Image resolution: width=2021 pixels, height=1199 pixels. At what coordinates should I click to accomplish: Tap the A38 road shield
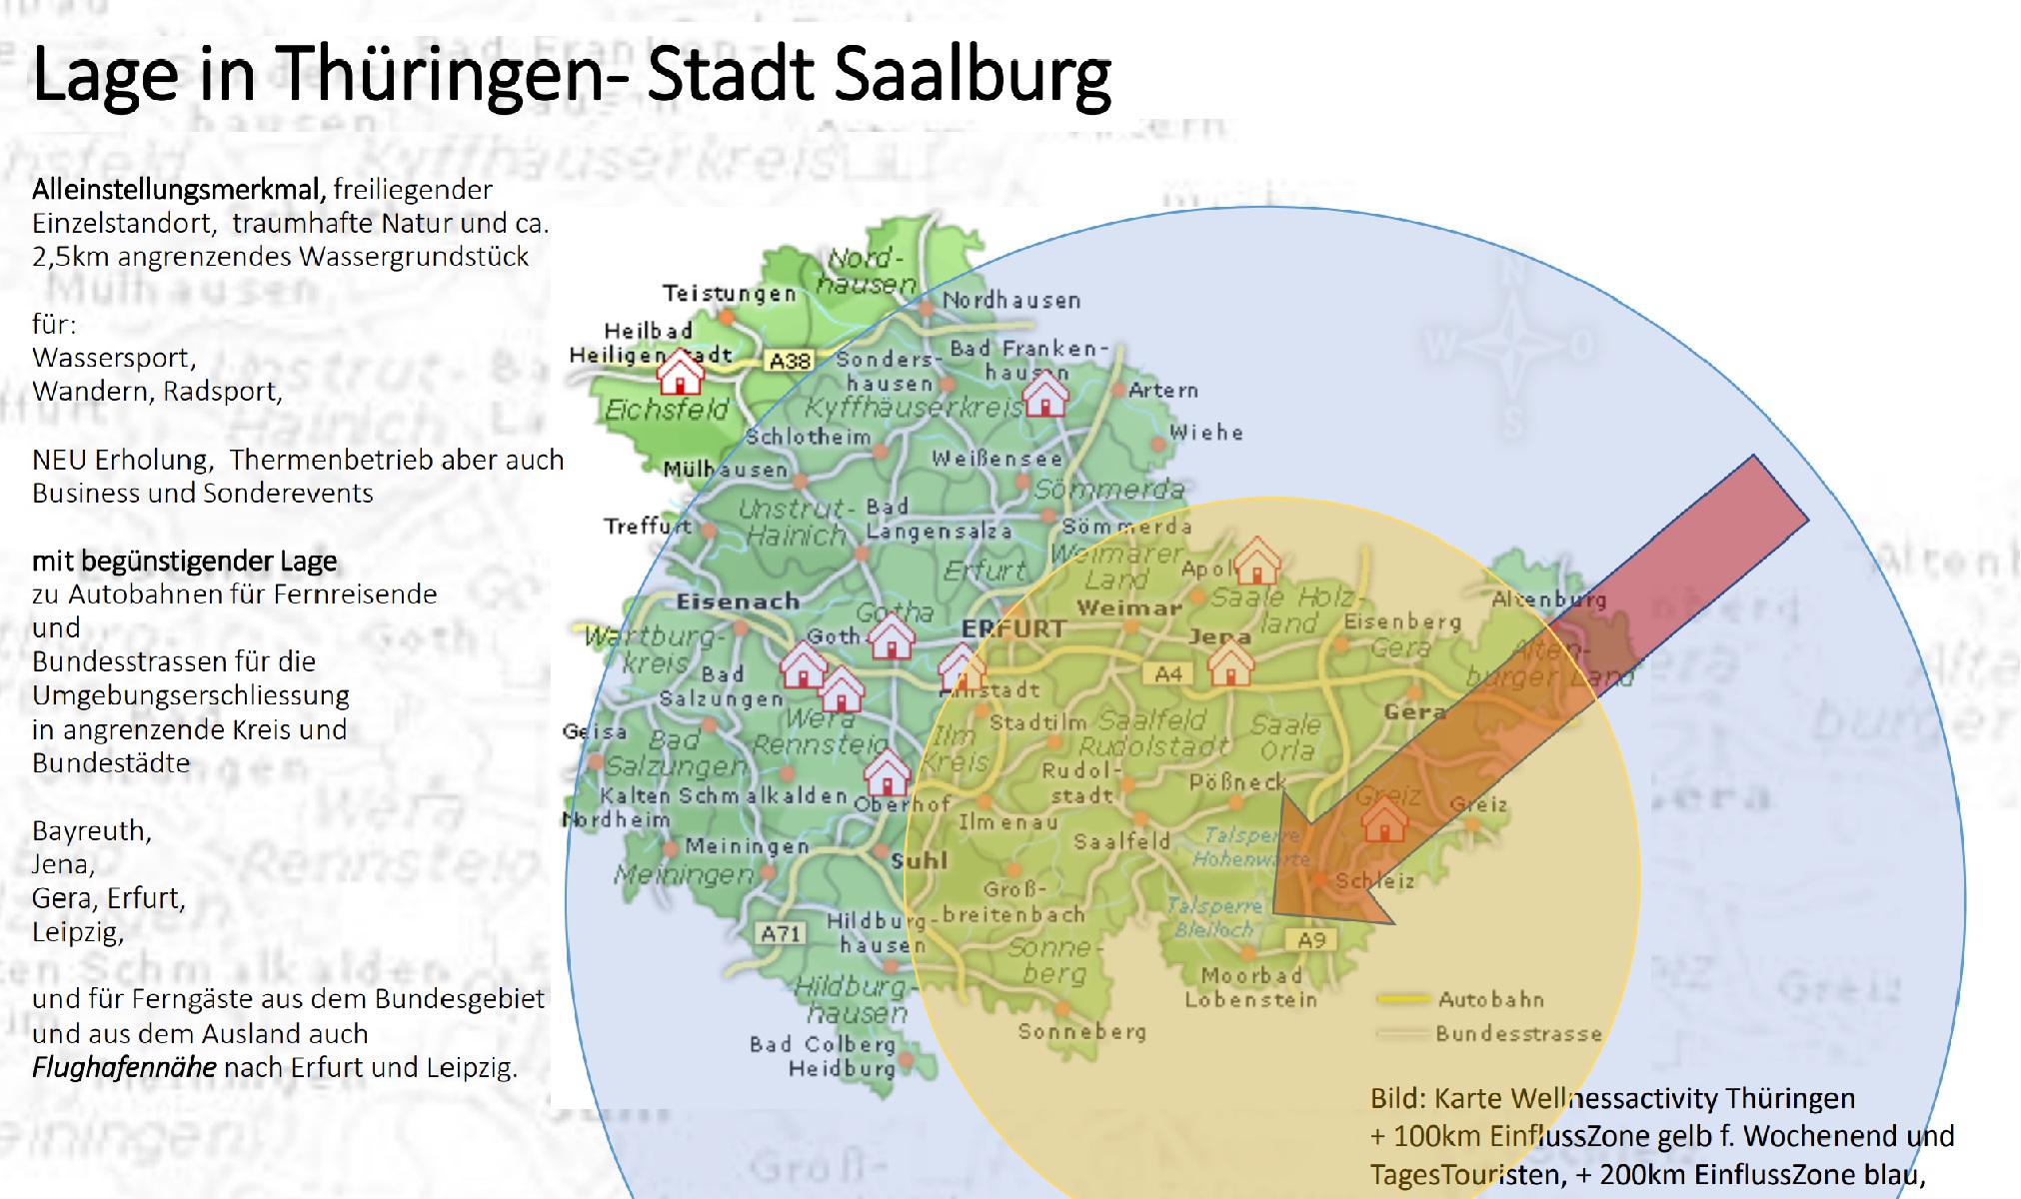789,361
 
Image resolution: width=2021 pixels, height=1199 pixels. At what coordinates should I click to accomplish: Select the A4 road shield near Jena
1167,674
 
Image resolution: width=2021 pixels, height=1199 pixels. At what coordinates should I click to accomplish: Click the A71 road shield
780,933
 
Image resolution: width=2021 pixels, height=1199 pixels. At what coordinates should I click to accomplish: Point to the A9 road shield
1310,940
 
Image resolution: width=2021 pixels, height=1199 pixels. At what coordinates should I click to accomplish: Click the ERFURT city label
1012,628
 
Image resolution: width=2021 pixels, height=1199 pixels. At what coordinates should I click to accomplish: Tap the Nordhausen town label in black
1010,300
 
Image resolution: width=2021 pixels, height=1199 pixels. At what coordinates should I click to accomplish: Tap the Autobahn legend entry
1490,999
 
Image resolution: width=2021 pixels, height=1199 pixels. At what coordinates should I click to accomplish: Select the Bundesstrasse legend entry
1517,1034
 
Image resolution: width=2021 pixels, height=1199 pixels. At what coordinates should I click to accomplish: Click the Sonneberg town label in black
1081,1031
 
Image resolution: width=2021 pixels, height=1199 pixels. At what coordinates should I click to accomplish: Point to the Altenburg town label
1548,599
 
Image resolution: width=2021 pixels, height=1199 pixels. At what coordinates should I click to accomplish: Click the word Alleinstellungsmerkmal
178,190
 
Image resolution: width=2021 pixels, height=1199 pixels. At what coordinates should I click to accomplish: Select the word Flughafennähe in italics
124,1067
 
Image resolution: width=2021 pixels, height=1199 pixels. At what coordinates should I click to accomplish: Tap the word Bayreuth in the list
91,831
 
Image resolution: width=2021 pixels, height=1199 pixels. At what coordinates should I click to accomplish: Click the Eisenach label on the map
738,601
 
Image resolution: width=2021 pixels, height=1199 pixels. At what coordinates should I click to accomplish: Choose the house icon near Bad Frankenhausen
1045,394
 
